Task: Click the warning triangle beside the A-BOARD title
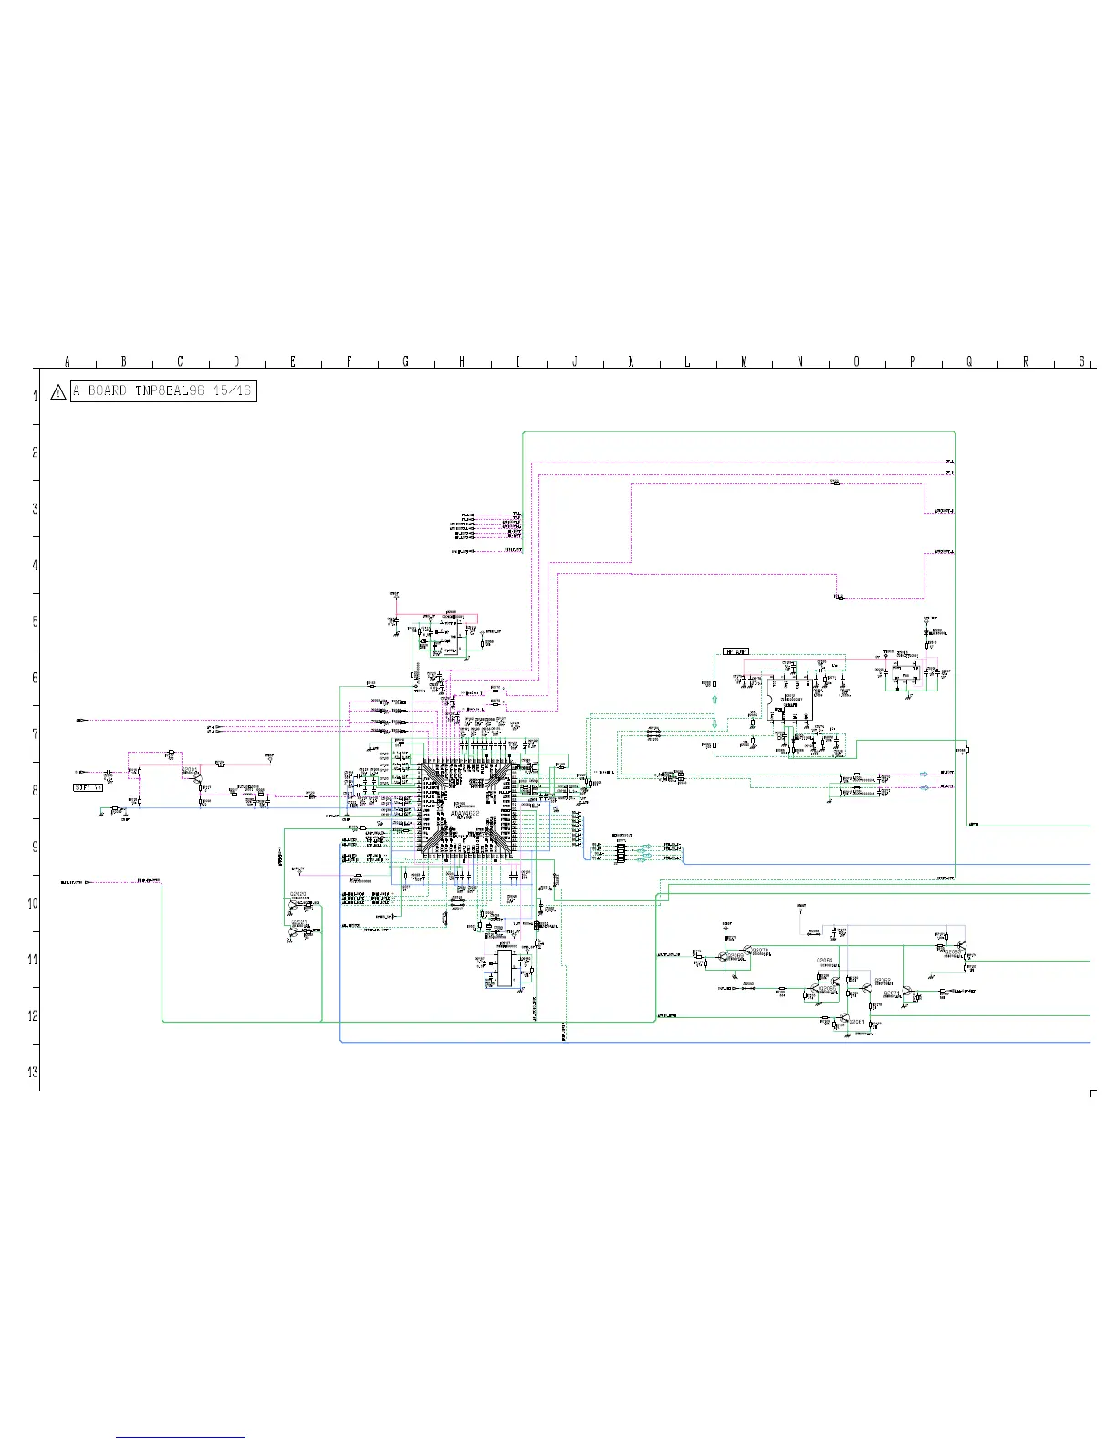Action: (57, 392)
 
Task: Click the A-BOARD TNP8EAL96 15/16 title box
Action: (163, 391)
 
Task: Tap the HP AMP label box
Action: (736, 651)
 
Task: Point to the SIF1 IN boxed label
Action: (89, 785)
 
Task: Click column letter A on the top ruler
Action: (68, 362)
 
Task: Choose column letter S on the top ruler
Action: (1082, 362)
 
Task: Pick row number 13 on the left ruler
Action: (33, 1072)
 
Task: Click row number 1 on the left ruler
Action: (35, 396)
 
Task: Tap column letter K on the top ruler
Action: (631, 362)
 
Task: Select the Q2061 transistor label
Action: (857, 1022)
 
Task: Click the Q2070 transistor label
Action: (760, 950)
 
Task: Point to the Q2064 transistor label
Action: (824, 961)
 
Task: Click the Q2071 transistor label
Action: (892, 992)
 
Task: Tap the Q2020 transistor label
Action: (298, 894)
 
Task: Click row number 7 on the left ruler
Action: (35, 733)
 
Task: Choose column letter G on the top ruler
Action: (405, 362)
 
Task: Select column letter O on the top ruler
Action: (856, 362)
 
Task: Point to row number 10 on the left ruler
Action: (33, 903)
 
